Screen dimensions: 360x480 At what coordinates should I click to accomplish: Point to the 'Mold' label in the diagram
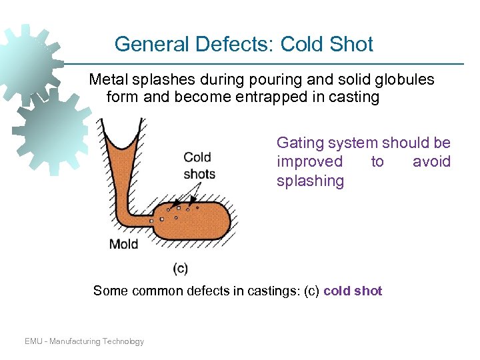123,244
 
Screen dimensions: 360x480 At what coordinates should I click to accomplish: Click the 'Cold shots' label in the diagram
199,165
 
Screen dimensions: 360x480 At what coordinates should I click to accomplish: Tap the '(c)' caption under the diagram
180,269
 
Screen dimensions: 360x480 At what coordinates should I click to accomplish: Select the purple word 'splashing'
311,181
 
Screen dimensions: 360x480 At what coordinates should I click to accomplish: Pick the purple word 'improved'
310,162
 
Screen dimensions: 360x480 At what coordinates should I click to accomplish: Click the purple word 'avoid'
431,162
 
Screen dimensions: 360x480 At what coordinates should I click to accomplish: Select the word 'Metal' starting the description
108,80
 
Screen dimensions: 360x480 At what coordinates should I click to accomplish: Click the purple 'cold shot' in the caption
353,291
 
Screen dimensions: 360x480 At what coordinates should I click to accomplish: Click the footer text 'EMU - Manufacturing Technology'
84,341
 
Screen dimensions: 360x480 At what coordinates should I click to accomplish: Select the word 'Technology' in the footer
123,341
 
